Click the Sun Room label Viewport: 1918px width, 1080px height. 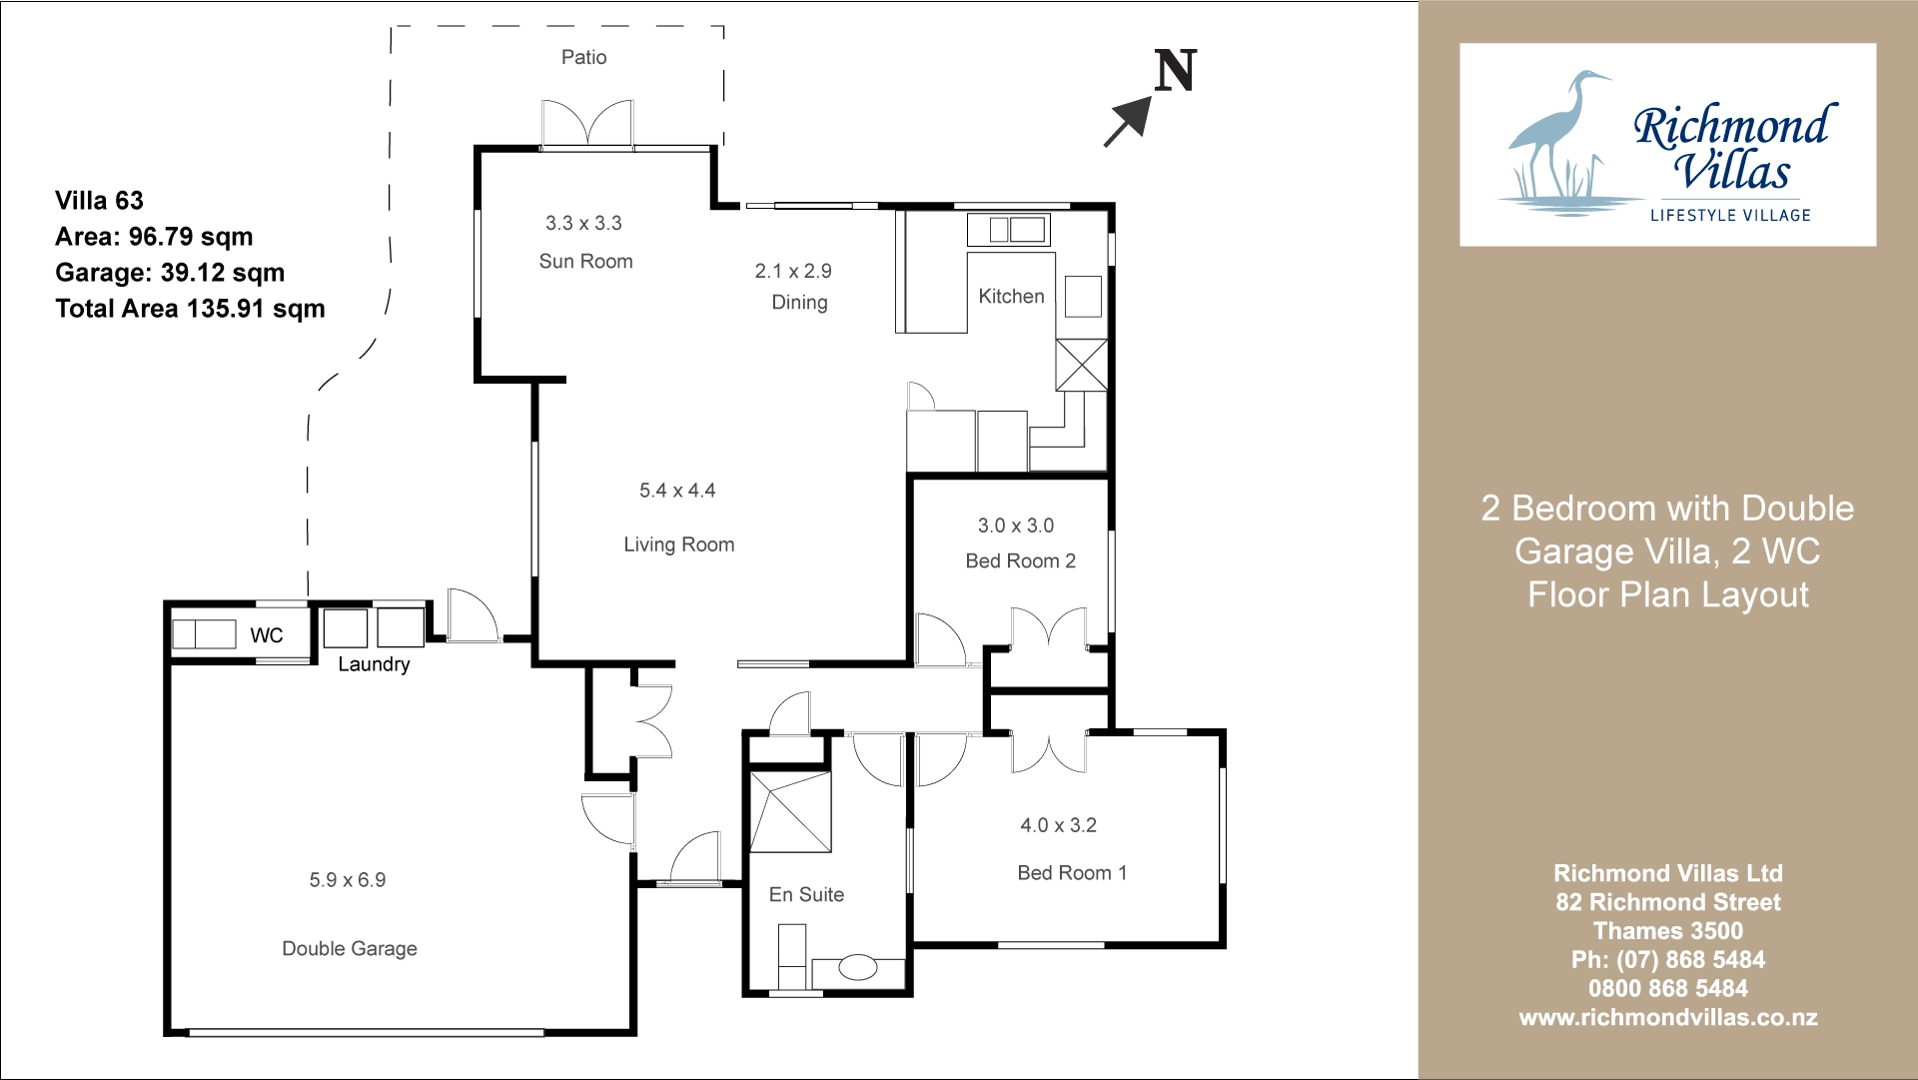(585, 262)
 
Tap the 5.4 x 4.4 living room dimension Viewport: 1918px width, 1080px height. (677, 491)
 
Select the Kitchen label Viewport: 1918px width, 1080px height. (1011, 297)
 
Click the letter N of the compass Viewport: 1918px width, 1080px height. (1175, 71)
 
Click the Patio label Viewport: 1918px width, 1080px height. (583, 57)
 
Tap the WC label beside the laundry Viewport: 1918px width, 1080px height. (267, 635)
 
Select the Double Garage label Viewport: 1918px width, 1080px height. (350, 949)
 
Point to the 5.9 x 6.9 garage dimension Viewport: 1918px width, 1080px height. (348, 880)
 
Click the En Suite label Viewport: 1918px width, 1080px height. (806, 895)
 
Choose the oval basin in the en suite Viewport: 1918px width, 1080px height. (857, 967)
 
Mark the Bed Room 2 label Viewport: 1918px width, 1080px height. (1021, 561)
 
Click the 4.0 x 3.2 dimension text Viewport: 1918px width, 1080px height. (1058, 825)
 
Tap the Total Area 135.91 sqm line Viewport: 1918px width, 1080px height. (190, 309)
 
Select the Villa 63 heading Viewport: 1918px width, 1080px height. (99, 201)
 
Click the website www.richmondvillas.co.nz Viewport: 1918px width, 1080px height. (1667, 1018)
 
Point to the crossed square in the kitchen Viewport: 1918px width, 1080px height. (1082, 365)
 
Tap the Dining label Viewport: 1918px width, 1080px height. (799, 303)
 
